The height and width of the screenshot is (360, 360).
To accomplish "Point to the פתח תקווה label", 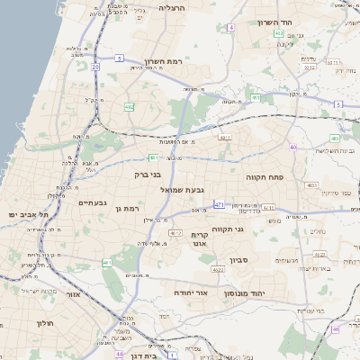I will point(265,178).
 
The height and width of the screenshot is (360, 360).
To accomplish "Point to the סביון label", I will point(264,260).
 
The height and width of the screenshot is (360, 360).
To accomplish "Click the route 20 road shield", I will point(95,67).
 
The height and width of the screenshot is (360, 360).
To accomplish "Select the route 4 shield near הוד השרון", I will point(231,28).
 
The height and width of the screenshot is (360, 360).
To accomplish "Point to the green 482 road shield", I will point(129,107).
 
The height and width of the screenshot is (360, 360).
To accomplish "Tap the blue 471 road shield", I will point(220,205).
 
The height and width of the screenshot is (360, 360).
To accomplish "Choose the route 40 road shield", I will point(292,147).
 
